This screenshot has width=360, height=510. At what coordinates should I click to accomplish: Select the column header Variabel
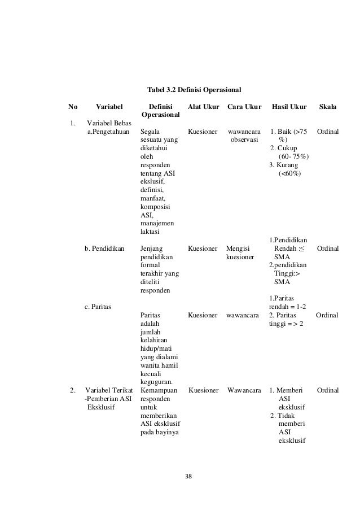coord(111,106)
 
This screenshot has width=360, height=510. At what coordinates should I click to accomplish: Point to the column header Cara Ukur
coord(244,106)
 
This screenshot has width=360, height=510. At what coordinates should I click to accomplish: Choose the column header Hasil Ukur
coord(289,106)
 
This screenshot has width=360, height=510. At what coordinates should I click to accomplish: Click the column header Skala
coord(328,106)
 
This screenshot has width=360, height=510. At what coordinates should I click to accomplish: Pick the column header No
coord(73,106)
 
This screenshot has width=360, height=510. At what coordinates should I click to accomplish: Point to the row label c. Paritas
coord(98,306)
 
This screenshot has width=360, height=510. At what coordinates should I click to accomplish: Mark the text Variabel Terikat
coord(108,390)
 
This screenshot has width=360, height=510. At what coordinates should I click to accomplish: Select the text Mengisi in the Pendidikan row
coord(238,247)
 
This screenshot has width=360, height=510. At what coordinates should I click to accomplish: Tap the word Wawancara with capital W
coord(244,390)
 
